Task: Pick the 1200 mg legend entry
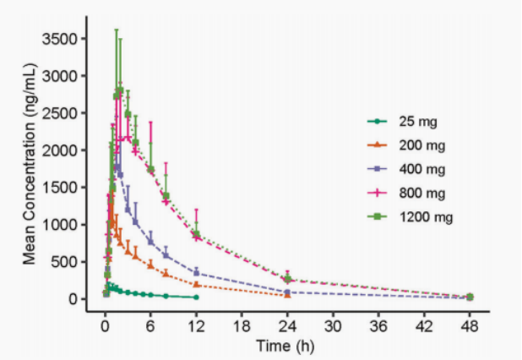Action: [x=422, y=217]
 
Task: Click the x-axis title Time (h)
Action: [x=287, y=345]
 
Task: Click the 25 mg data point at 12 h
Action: [x=196, y=297]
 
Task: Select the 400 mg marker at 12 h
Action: [x=196, y=272]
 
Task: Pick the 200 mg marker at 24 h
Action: [x=287, y=295]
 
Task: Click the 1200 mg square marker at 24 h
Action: [x=287, y=278]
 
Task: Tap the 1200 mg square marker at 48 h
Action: [x=470, y=297]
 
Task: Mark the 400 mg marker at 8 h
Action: [x=166, y=255]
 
